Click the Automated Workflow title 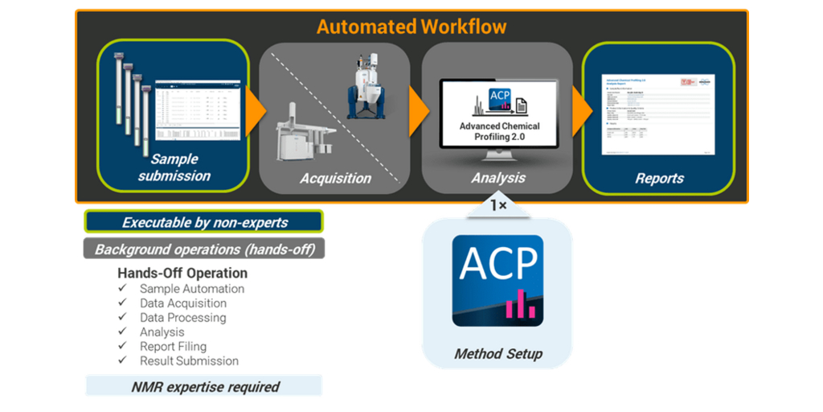[x=411, y=27]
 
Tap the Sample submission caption [x=174, y=167]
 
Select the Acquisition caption [x=336, y=178]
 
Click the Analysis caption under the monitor [x=498, y=177]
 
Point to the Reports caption [x=659, y=178]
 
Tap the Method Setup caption [x=498, y=354]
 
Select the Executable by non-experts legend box [x=204, y=223]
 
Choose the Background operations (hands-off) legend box [x=204, y=249]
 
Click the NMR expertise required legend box [x=205, y=387]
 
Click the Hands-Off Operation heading [x=182, y=273]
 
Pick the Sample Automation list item [x=192, y=289]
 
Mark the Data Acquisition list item [x=183, y=303]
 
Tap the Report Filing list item [x=173, y=347]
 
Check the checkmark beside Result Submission [x=122, y=361]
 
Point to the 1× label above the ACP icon [x=498, y=205]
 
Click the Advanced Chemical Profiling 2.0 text [x=500, y=131]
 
